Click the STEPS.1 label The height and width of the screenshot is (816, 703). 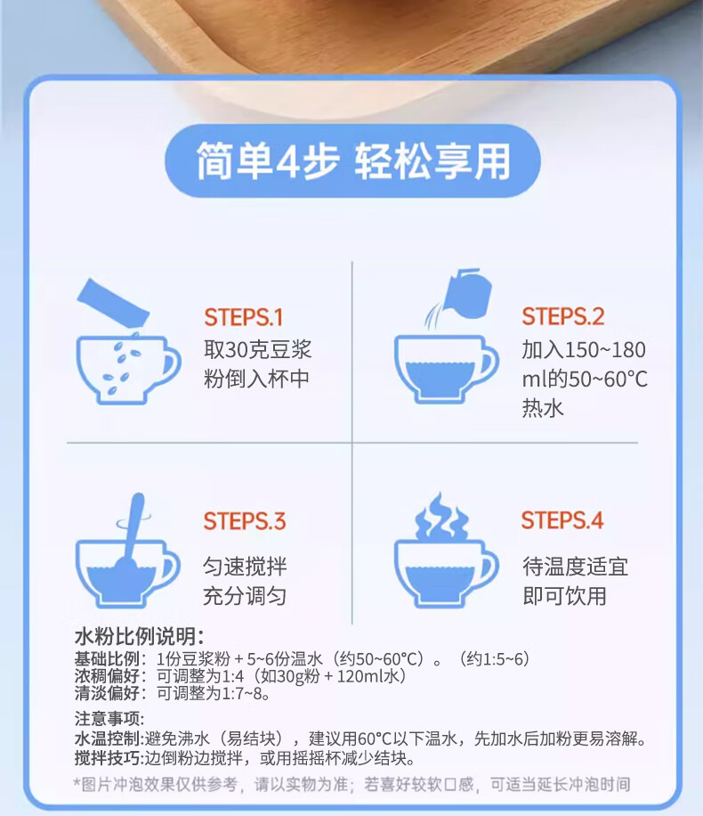[x=243, y=317]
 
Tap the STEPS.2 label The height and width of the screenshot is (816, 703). [x=563, y=316]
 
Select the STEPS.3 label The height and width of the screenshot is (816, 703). [x=245, y=521]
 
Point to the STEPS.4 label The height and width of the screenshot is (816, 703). [x=562, y=520]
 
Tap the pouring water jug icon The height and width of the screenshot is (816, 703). [x=465, y=295]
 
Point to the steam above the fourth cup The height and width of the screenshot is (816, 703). [x=441, y=517]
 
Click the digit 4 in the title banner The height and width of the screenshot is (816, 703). [x=286, y=161]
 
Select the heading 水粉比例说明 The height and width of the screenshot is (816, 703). [x=140, y=636]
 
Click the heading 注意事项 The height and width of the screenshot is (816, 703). [x=109, y=719]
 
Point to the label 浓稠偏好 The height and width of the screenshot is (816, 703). [x=107, y=676]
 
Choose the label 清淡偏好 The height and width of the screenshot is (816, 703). [x=107, y=693]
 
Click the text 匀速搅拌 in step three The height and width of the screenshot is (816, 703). [x=245, y=567]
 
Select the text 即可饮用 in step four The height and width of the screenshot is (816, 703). [x=565, y=596]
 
